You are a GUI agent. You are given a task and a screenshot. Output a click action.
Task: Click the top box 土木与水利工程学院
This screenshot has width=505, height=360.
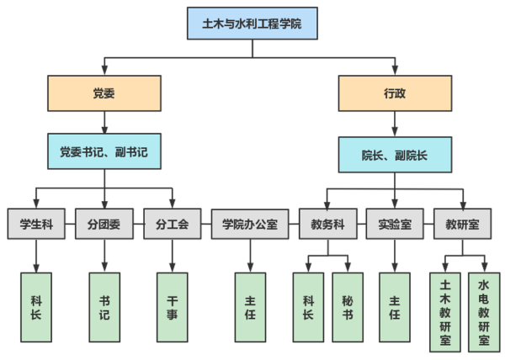click(252, 24)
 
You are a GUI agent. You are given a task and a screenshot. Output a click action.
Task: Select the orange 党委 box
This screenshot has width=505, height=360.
click(104, 93)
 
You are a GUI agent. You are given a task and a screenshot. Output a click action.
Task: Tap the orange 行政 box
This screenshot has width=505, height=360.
click(395, 93)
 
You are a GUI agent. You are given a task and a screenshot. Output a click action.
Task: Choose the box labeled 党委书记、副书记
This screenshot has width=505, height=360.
click(104, 152)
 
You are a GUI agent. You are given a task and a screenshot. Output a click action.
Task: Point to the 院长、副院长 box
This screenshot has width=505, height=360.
click(395, 155)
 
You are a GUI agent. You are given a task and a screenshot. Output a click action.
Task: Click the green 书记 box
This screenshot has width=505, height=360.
click(104, 306)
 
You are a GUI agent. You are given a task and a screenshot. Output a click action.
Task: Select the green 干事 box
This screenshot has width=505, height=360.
click(173, 306)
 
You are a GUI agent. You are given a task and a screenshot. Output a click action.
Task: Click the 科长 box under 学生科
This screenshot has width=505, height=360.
click(36, 306)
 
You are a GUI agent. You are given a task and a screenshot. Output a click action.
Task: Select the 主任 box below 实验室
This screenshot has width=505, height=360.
click(395, 306)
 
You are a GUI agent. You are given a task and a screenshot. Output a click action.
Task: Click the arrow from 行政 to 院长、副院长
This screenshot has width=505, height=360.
click(395, 124)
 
